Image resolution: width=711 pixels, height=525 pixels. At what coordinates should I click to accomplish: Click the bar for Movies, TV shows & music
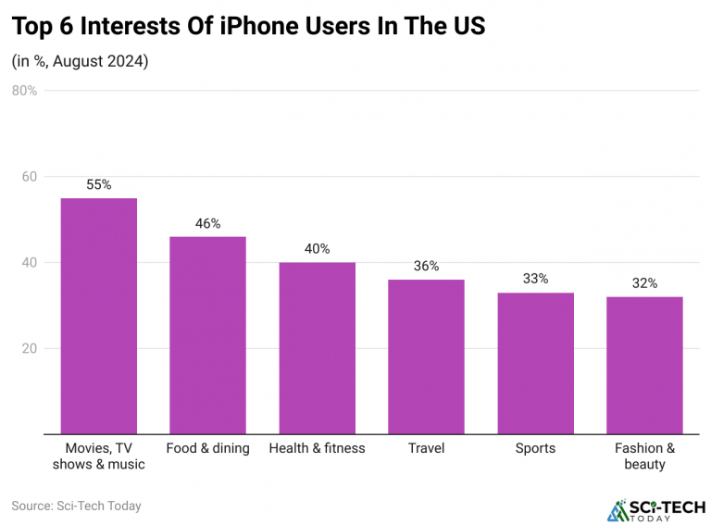[x=99, y=316]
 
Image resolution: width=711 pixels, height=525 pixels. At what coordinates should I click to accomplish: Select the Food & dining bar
[x=207, y=335]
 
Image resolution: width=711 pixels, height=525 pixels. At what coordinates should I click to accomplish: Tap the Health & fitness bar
[x=317, y=348]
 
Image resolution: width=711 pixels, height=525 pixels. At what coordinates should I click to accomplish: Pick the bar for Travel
[x=426, y=356]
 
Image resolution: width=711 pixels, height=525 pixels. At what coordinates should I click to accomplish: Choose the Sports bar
[x=535, y=363]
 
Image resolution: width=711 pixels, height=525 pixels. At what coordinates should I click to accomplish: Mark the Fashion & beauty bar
[x=644, y=365]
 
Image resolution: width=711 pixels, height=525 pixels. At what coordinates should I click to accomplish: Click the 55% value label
[x=99, y=184]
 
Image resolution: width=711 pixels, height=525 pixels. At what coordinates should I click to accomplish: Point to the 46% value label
[x=207, y=223]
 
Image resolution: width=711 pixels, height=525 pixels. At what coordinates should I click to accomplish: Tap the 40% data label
[x=317, y=249]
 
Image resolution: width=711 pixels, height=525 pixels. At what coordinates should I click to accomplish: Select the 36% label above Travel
[x=426, y=266]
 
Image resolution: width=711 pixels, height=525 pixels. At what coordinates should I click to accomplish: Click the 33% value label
[x=535, y=279]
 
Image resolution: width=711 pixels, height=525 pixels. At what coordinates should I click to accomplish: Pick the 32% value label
[x=644, y=283]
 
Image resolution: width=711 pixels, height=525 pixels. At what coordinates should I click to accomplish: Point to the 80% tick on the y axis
[x=25, y=91]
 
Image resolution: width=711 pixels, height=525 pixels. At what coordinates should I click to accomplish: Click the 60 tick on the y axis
[x=30, y=177]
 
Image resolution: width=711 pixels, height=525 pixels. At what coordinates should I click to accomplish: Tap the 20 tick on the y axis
[x=30, y=349]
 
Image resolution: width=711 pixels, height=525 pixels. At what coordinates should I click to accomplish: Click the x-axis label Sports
[x=535, y=448]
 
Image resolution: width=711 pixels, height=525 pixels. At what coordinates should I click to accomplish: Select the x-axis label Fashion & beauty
[x=644, y=456]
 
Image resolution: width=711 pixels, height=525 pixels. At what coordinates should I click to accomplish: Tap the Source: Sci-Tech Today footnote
[x=76, y=506]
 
